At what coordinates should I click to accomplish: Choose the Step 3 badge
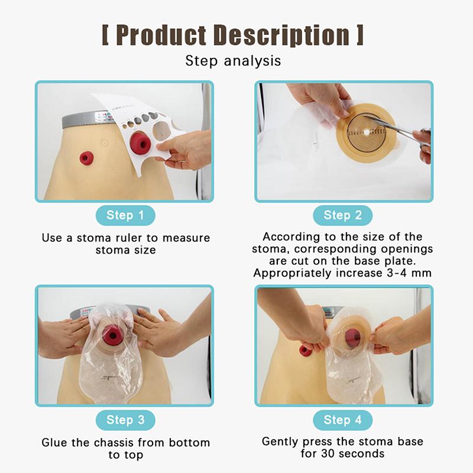pos(125,420)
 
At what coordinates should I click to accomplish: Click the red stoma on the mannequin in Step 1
pos(86,158)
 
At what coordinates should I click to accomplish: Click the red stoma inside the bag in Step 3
pos(112,335)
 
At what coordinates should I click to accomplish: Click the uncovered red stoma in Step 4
pos(305,350)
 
